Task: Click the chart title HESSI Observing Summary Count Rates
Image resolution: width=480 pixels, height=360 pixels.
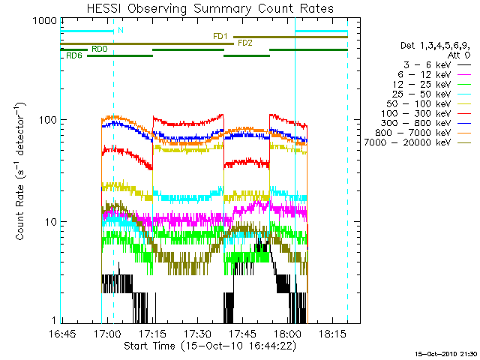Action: (211, 9)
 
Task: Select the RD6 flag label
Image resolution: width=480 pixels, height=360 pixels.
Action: (74, 56)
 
